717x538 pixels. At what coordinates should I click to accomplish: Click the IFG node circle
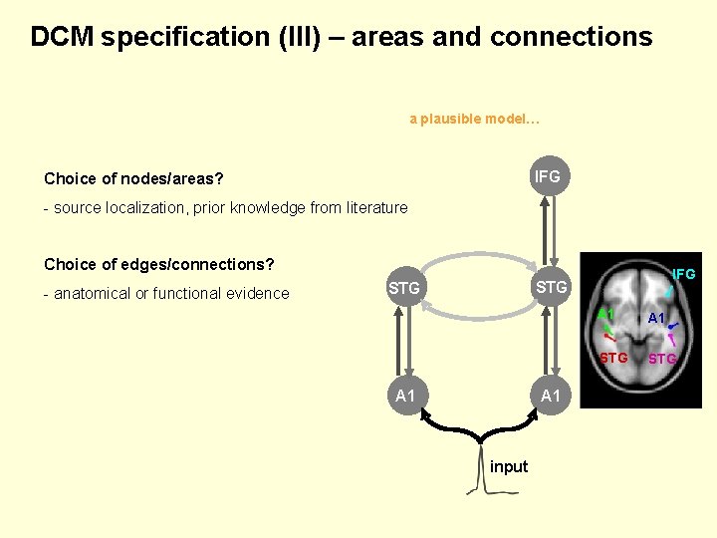click(550, 176)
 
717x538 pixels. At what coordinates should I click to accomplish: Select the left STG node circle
click(404, 287)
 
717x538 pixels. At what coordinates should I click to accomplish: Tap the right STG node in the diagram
click(551, 287)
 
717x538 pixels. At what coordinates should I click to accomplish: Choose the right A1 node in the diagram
click(551, 396)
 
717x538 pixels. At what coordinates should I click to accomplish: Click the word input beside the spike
click(509, 466)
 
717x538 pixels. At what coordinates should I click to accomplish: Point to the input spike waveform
click(481, 469)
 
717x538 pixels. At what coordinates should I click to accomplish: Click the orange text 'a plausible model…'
click(475, 119)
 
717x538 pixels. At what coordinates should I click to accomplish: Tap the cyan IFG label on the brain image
click(684, 274)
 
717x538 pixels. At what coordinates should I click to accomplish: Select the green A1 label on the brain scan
click(605, 314)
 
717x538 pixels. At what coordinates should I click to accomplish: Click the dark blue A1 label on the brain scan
click(656, 318)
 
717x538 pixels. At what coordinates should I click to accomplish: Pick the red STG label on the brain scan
click(613, 358)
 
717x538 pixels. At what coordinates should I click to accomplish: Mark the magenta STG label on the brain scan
click(662, 359)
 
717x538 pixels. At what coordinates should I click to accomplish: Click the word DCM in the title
click(62, 36)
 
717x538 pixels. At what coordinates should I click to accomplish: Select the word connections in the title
click(572, 37)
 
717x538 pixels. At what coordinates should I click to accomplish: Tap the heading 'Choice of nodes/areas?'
click(133, 178)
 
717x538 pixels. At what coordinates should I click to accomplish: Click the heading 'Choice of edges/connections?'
click(159, 264)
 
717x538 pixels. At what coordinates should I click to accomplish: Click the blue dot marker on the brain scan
click(671, 327)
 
